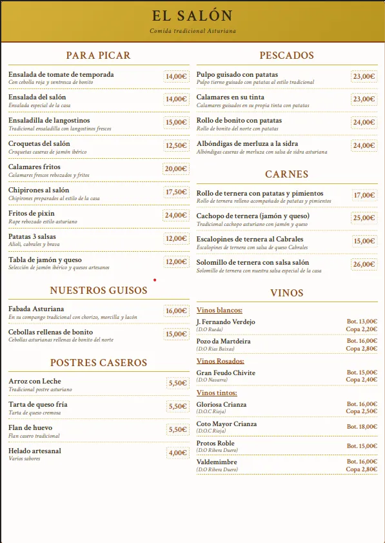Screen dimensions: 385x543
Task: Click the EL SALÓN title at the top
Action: click(192, 15)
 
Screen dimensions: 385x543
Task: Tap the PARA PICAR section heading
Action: click(98, 56)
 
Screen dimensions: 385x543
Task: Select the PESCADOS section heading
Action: click(286, 56)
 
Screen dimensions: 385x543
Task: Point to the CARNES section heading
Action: click(286, 174)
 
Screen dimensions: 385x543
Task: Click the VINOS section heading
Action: click(286, 293)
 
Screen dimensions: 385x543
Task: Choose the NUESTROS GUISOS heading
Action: click(98, 291)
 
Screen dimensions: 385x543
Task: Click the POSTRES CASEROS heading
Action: click(98, 363)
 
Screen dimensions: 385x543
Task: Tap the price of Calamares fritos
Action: click(175, 169)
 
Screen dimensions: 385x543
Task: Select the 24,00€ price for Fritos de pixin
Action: click(175, 215)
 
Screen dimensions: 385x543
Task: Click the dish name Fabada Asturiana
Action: click(36, 309)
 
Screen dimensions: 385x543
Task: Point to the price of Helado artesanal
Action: click(177, 453)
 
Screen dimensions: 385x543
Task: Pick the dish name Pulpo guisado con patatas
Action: click(237, 75)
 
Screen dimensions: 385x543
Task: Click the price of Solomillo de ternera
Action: click(364, 264)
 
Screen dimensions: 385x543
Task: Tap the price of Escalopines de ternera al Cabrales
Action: click(364, 241)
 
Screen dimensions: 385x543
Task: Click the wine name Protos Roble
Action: click(215, 444)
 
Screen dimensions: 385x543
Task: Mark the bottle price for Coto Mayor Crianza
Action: click(362, 427)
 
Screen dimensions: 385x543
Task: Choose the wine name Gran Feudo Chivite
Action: click(226, 373)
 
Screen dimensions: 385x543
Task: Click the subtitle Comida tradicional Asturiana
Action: click(192, 31)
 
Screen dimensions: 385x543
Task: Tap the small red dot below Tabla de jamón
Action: click(155, 280)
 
